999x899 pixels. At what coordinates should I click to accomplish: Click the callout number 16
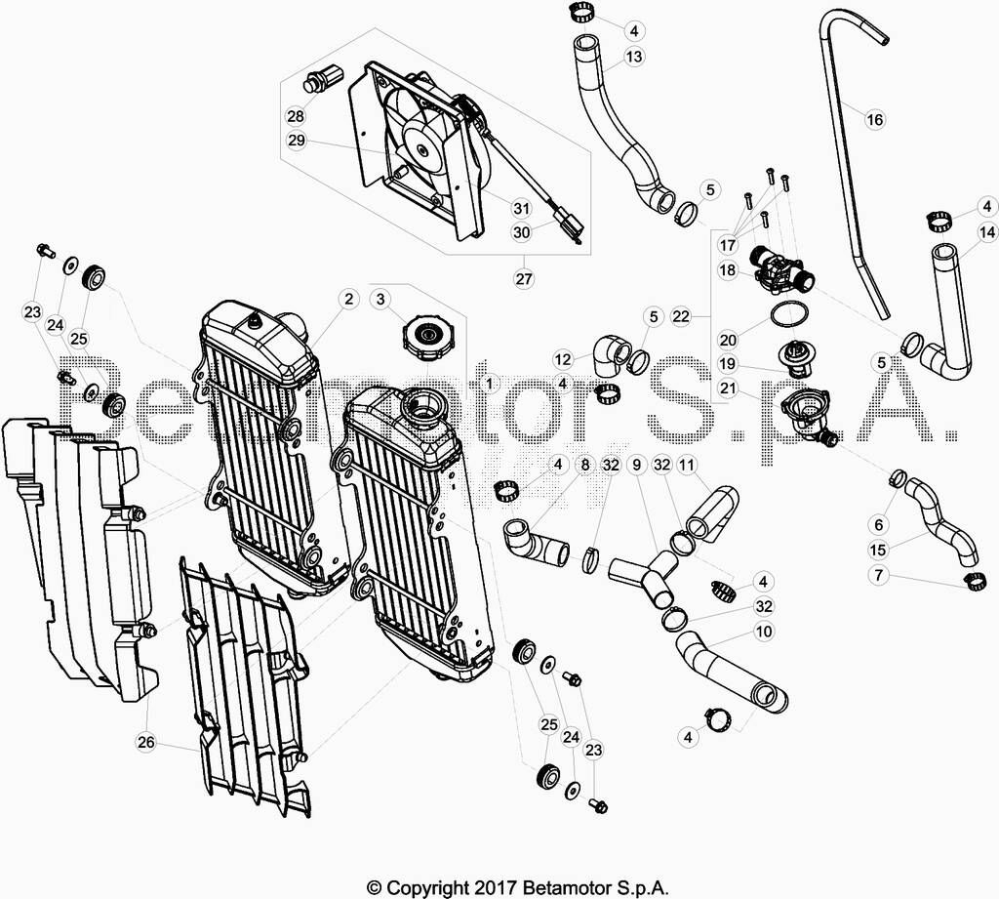875,119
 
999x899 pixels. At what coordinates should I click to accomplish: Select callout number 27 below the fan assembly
524,278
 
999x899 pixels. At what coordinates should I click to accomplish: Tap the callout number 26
146,742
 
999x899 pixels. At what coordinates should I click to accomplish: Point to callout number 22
681,316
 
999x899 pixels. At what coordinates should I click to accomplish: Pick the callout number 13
634,57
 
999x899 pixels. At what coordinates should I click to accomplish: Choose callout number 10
763,632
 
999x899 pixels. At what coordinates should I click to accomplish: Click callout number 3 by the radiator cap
381,299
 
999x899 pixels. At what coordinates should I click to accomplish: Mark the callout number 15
878,550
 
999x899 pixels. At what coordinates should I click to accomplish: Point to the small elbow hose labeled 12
609,354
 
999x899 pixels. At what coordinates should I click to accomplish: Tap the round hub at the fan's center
421,150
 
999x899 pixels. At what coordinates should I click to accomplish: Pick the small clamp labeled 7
973,580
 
